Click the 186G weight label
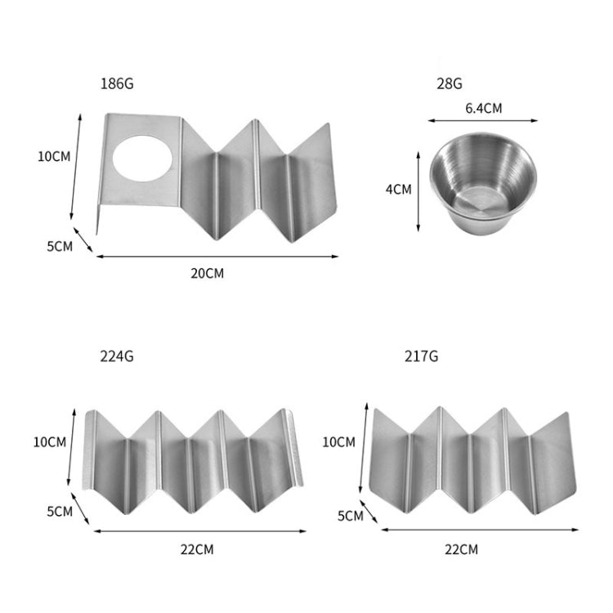(x=117, y=83)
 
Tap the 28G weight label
(x=450, y=83)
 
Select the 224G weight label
(x=117, y=356)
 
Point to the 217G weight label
(x=421, y=356)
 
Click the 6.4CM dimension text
(x=484, y=108)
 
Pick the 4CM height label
(x=398, y=190)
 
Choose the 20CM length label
(x=208, y=273)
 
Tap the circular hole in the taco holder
(x=142, y=159)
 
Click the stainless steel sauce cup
(x=483, y=183)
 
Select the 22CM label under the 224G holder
(x=197, y=550)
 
